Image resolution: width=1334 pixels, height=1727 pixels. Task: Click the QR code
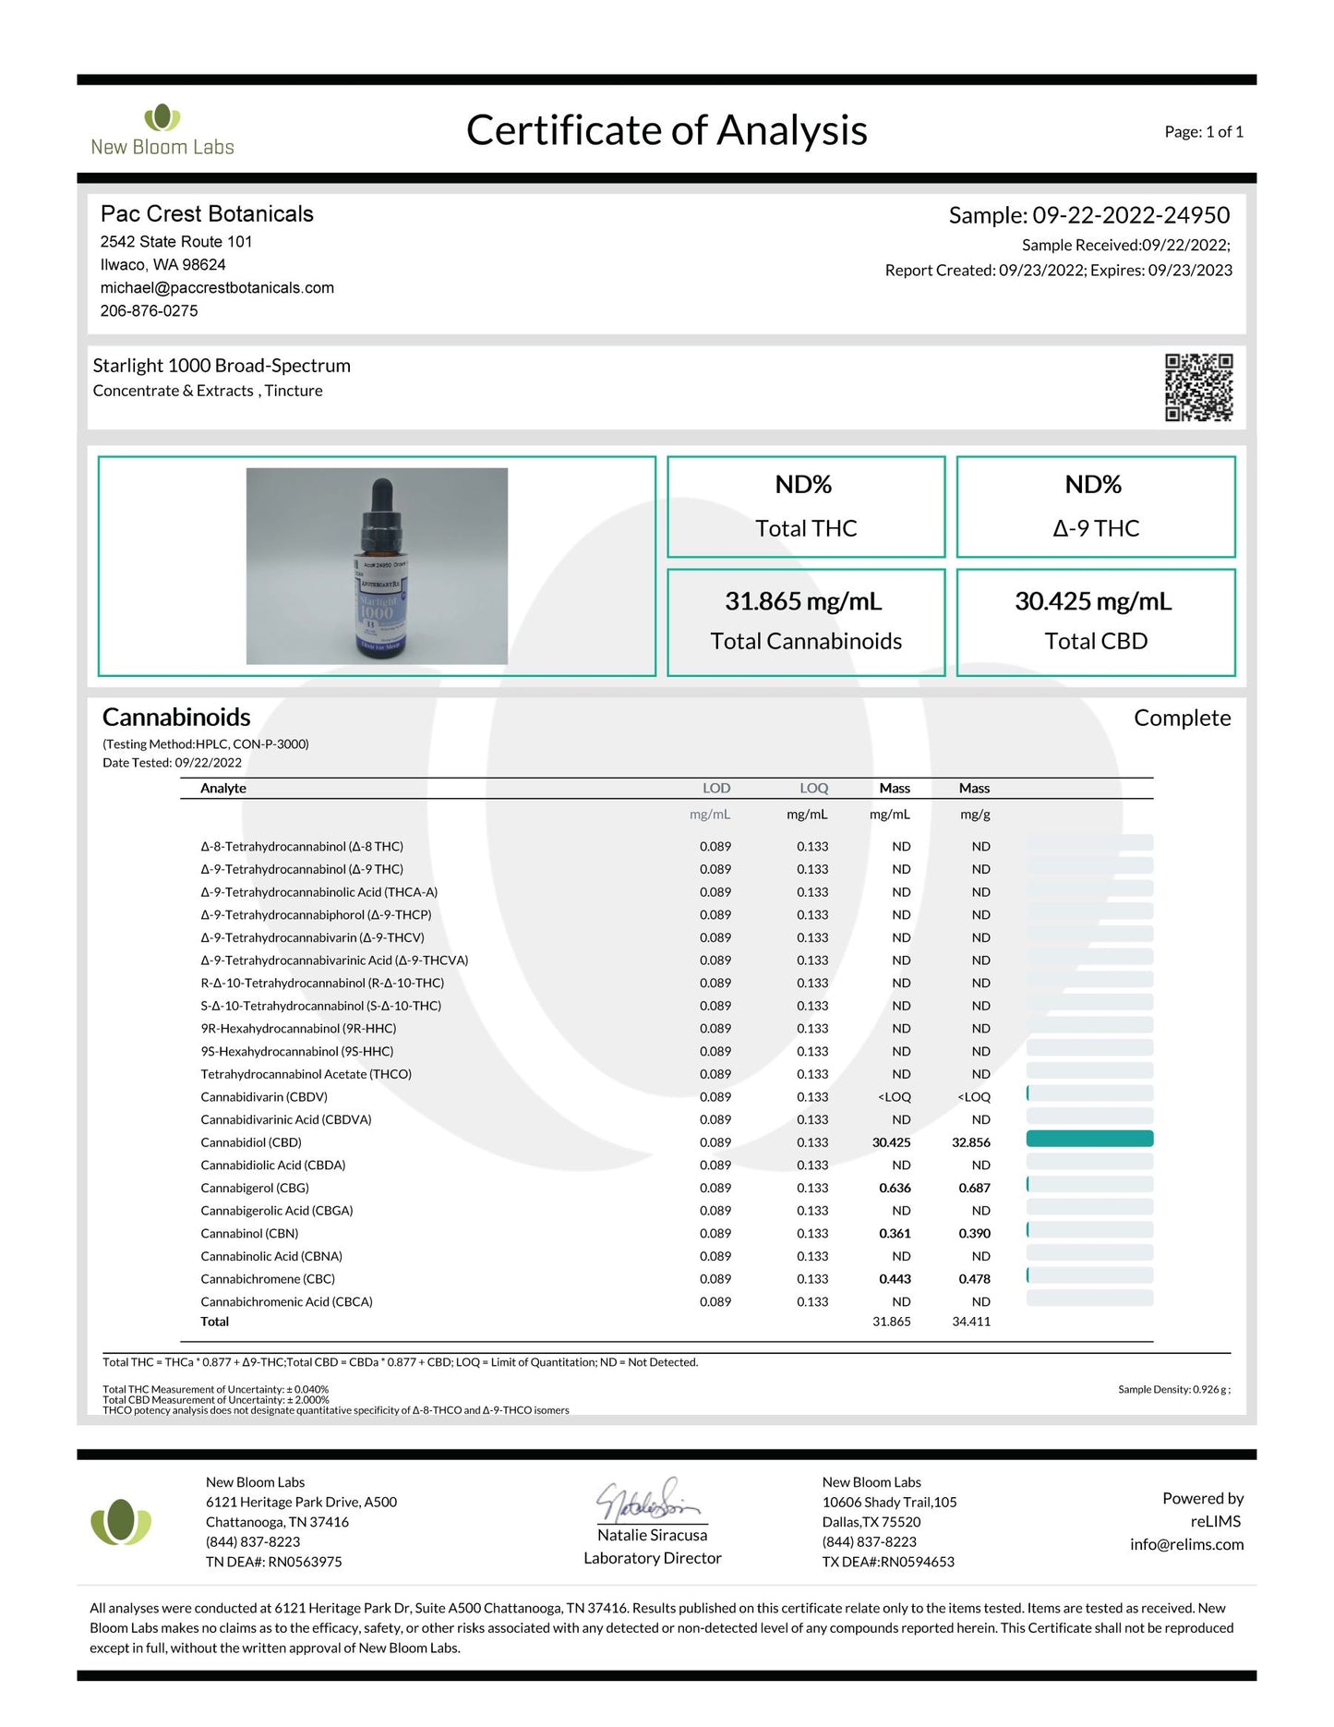tap(1198, 388)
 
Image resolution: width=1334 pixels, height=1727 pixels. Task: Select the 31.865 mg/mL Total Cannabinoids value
tap(803, 601)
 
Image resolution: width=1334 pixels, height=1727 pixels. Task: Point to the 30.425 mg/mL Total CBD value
tap(1093, 601)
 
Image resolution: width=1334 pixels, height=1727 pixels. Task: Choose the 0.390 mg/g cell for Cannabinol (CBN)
tap(974, 1233)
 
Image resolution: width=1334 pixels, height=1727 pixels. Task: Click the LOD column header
tap(716, 788)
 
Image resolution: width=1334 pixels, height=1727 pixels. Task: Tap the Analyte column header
tap(223, 788)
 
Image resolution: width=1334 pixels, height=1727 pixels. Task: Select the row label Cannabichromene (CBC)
tap(268, 1279)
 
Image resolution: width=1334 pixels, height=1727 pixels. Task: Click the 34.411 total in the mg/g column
tap(971, 1322)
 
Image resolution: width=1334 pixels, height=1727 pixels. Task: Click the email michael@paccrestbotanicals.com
tap(217, 287)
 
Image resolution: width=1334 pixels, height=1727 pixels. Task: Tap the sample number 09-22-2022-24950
tap(1131, 215)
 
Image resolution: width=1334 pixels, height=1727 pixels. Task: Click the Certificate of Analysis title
tap(667, 130)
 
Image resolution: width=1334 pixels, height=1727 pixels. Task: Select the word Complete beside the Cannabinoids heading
tap(1182, 718)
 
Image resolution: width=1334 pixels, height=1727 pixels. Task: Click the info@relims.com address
tap(1186, 1544)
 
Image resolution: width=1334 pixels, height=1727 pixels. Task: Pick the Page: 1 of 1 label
tap(1204, 132)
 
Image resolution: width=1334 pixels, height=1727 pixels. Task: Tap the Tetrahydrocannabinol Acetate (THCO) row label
tap(306, 1074)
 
